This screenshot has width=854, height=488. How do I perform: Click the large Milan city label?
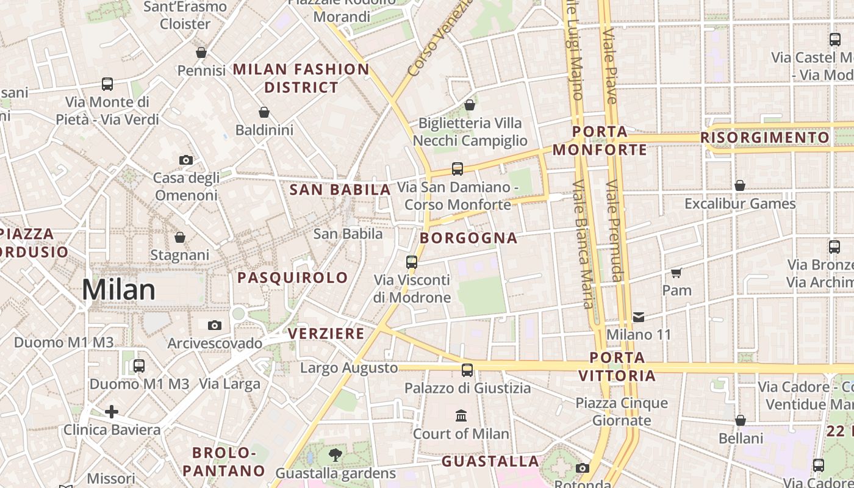pyautogui.click(x=118, y=290)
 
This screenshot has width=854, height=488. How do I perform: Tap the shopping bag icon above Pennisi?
pyautogui.click(x=201, y=53)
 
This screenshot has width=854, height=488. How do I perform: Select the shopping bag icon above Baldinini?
pyautogui.click(x=264, y=112)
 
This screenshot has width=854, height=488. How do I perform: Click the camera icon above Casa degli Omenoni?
pyautogui.click(x=186, y=160)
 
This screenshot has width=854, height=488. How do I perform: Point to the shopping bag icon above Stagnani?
pyautogui.click(x=180, y=237)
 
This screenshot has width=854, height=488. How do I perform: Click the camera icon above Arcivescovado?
pyautogui.click(x=215, y=326)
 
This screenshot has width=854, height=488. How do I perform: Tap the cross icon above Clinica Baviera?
pyautogui.click(x=112, y=412)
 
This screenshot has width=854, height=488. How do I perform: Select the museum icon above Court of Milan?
pyautogui.click(x=461, y=416)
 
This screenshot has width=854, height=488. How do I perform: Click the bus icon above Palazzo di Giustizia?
pyautogui.click(x=467, y=370)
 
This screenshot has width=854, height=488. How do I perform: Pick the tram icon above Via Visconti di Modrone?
pyautogui.click(x=412, y=262)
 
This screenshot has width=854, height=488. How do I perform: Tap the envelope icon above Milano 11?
pyautogui.click(x=639, y=317)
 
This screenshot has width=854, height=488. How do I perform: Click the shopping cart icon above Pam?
pyautogui.click(x=676, y=272)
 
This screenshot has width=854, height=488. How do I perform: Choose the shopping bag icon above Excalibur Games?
pyautogui.click(x=740, y=185)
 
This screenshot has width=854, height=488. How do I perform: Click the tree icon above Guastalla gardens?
pyautogui.click(x=335, y=454)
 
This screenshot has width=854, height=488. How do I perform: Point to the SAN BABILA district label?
pyautogui.click(x=340, y=190)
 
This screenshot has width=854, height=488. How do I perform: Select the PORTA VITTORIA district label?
pyautogui.click(x=617, y=366)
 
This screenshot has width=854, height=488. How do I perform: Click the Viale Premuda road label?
pyautogui.click(x=615, y=232)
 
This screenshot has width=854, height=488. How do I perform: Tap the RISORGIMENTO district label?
pyautogui.click(x=765, y=137)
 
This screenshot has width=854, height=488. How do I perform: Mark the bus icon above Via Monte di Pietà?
pyautogui.click(x=107, y=84)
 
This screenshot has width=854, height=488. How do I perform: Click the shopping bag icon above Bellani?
pyautogui.click(x=741, y=420)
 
